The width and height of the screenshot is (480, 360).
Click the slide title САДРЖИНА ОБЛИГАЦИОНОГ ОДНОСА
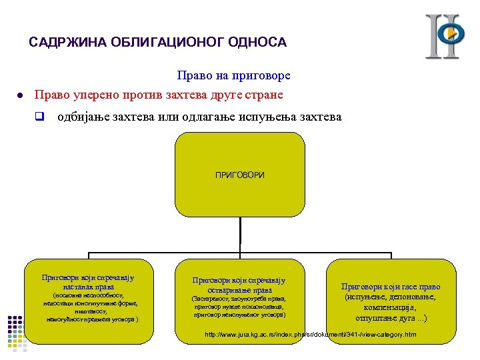tap(157, 43)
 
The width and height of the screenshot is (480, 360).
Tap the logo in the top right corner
tap(445, 36)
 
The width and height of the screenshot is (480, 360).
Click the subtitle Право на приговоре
tap(233, 77)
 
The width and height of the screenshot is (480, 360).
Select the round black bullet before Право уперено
tap(21, 96)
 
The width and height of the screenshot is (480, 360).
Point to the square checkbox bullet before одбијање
tap(39, 117)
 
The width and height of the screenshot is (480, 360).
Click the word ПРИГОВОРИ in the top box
tap(239, 175)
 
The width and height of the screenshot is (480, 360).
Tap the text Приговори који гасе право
tap(391, 287)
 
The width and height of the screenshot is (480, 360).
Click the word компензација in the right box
tap(391, 308)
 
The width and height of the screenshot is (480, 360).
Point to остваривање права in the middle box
tap(239, 290)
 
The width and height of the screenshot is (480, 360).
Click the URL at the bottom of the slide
tap(311, 334)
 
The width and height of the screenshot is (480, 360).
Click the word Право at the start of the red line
tap(51, 95)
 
